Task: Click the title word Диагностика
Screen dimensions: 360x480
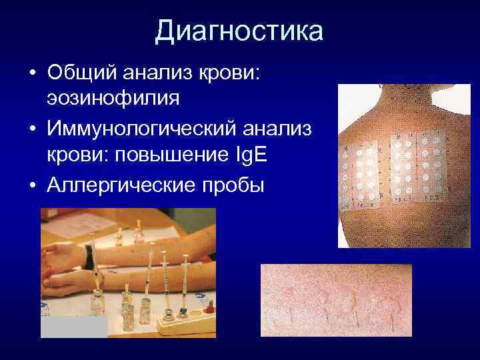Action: [239, 31]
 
